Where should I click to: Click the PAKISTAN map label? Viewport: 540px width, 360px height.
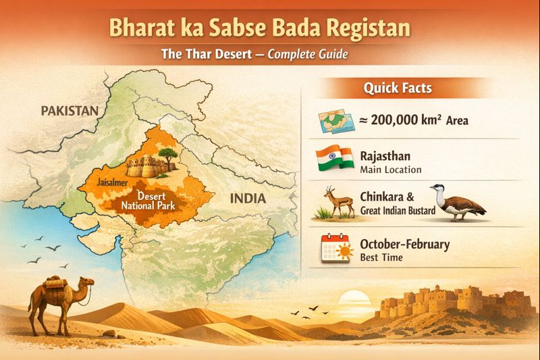[70, 111]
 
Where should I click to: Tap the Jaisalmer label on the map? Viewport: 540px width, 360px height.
[111, 182]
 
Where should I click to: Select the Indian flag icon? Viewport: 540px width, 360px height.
[335, 159]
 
